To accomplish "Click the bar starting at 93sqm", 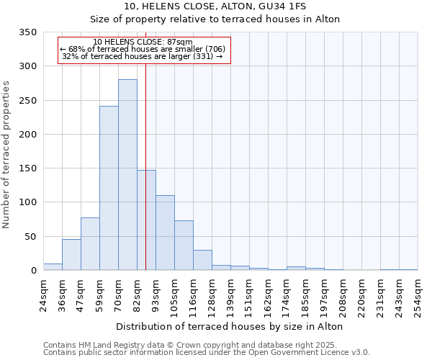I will click(x=165, y=233).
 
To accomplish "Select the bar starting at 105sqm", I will click(x=184, y=246).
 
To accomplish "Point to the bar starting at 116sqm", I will click(x=202, y=260).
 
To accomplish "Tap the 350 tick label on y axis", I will click(x=27, y=32).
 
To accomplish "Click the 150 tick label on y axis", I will click(x=27, y=168).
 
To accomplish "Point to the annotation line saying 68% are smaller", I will click(x=143, y=49).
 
